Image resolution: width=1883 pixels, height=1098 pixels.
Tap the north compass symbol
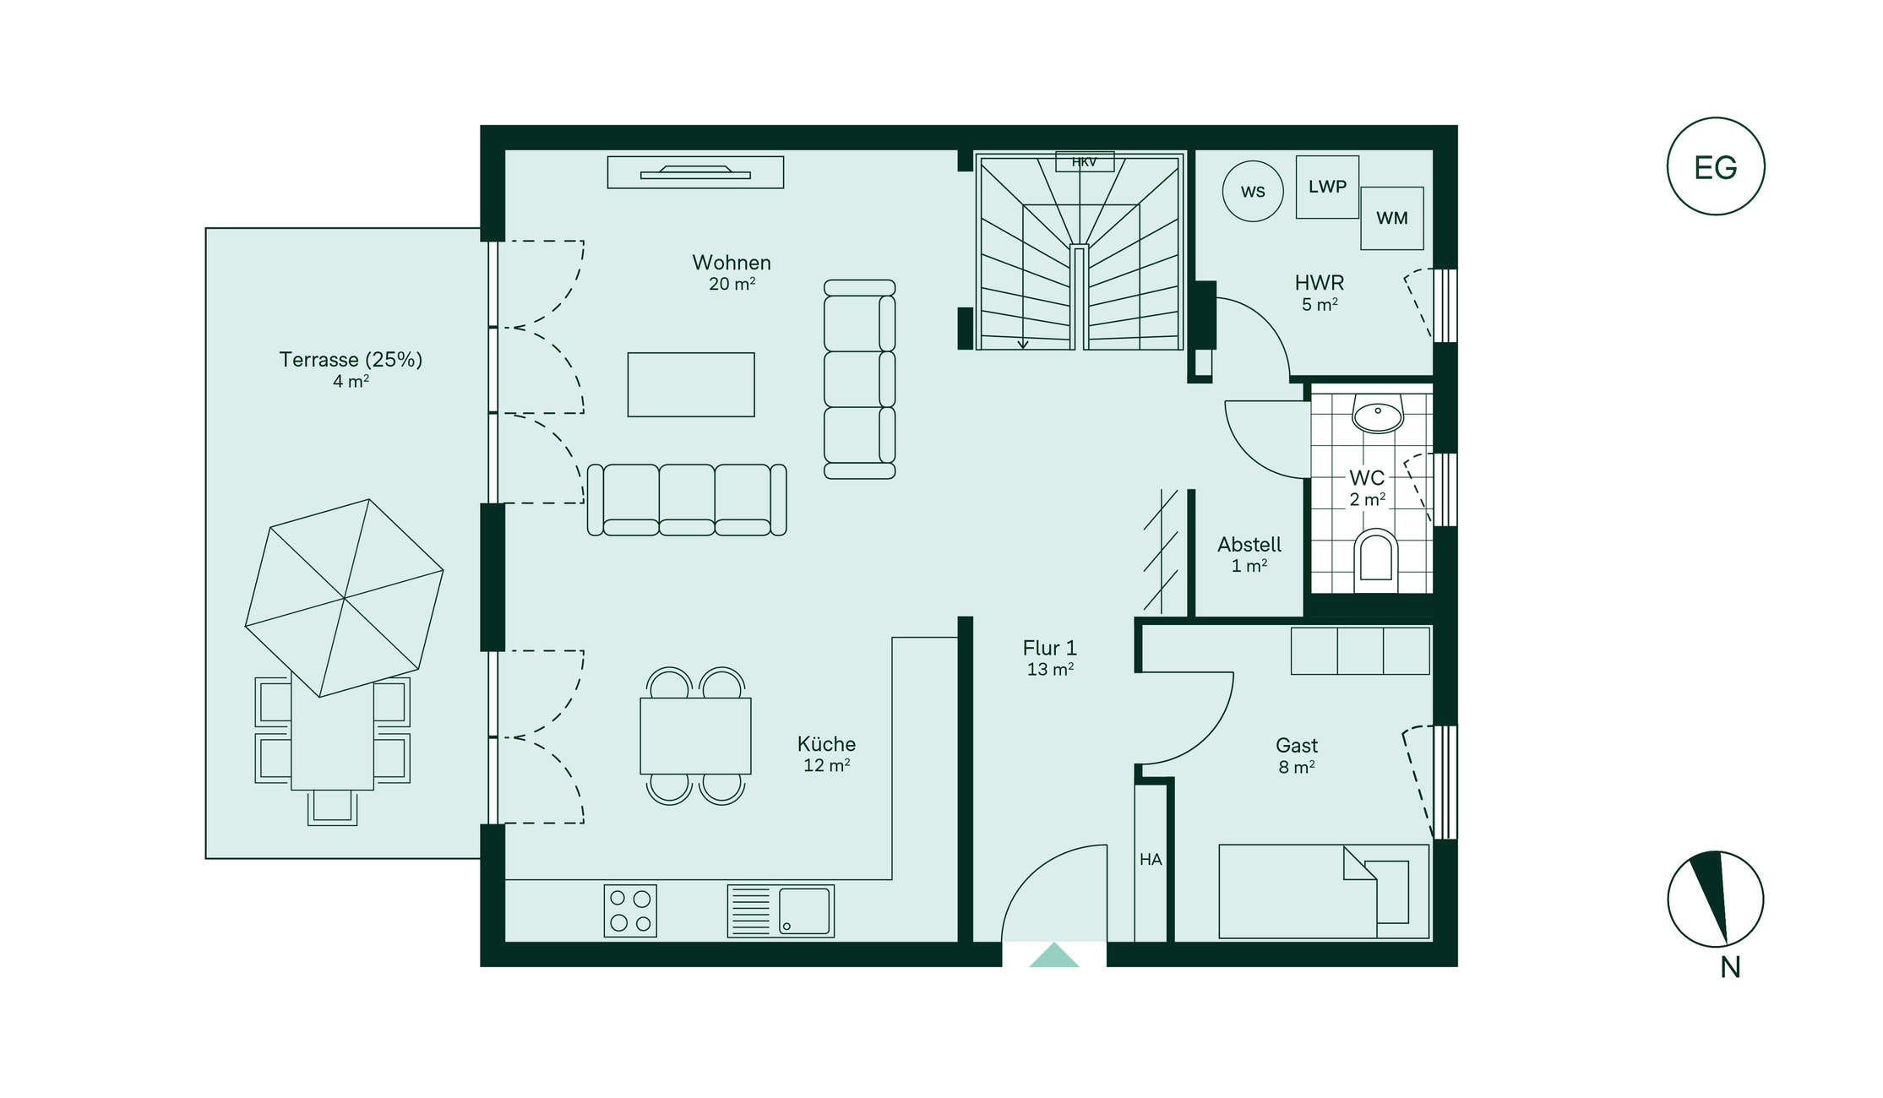pos(1715,899)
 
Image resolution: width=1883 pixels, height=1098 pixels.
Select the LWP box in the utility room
pos(1327,187)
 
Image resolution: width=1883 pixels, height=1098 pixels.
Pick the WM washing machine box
pos(1391,218)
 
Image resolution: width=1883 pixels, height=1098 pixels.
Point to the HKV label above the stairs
pos(1085,161)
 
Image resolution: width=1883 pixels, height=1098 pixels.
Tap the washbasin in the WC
pos(1378,412)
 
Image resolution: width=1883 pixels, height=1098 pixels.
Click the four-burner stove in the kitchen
pos(630,910)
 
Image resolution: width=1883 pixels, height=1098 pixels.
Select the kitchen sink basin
pos(804,910)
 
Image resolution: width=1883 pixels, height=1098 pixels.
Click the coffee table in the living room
pos(691,384)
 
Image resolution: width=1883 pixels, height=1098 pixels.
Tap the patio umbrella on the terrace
pos(344,598)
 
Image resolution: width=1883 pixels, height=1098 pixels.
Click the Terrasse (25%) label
pos(351,360)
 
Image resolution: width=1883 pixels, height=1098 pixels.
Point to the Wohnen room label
pos(732,263)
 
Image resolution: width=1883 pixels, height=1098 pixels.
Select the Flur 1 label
pos(1050,648)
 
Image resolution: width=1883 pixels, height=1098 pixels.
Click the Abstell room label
pos(1249,545)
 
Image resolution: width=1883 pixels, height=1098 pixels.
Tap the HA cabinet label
pos(1151,860)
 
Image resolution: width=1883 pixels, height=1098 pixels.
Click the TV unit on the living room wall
pos(695,172)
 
